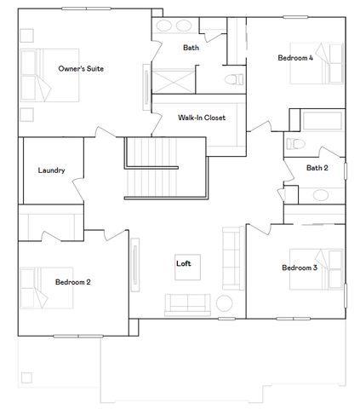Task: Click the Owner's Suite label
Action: point(81,68)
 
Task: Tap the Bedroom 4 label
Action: point(295,58)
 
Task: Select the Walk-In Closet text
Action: point(202,118)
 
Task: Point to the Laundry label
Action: point(51,170)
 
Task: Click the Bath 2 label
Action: point(317,168)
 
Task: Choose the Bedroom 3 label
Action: point(300,268)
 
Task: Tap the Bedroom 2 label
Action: point(73,281)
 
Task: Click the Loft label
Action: point(183,263)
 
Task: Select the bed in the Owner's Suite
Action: point(38,72)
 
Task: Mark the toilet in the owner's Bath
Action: point(231,80)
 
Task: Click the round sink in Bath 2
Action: point(322,194)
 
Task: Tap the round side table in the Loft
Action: point(226,302)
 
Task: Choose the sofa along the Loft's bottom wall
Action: point(188,304)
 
